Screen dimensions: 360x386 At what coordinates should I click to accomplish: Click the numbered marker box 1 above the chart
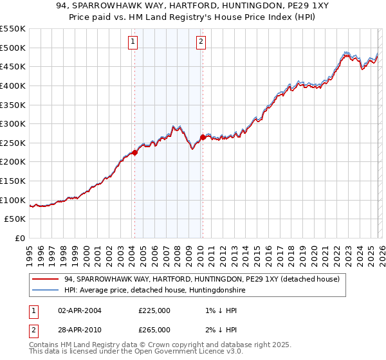tap(133, 42)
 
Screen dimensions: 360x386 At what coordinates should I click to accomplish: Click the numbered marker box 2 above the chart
tap(201, 42)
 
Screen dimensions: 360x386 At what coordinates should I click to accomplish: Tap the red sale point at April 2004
tap(134, 152)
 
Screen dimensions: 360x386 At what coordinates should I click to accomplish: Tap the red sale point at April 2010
tap(203, 137)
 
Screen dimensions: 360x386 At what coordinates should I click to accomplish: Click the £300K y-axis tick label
tap(13, 123)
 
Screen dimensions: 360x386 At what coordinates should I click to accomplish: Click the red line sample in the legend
tap(46, 279)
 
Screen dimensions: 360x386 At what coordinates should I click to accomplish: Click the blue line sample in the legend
tap(46, 291)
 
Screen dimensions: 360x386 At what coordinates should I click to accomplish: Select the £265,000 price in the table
tap(154, 329)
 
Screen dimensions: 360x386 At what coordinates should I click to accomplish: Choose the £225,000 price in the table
tap(154, 310)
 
